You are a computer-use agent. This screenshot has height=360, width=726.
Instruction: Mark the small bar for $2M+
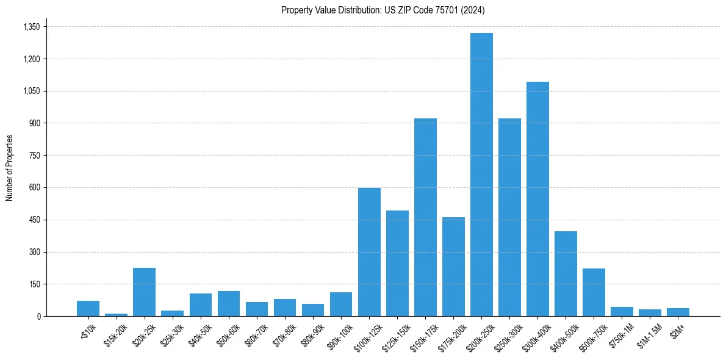click(x=678, y=312)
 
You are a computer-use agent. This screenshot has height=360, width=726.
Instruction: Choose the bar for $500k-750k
click(x=594, y=292)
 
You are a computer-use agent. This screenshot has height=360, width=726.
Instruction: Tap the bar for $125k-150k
click(x=397, y=263)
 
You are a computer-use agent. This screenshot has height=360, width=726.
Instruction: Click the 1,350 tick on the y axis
click(x=31, y=27)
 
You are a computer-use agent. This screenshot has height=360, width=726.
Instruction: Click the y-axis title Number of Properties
click(x=9, y=168)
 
